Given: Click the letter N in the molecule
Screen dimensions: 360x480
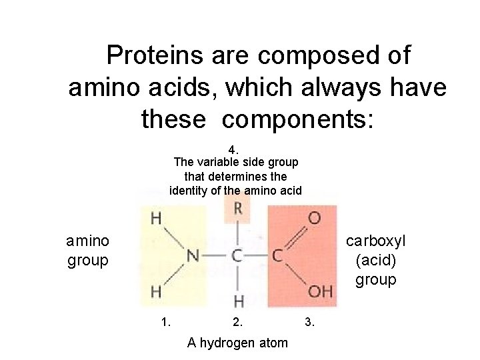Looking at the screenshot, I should pyautogui.click(x=192, y=255).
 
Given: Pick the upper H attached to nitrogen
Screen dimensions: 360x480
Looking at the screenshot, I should pyautogui.click(x=155, y=217).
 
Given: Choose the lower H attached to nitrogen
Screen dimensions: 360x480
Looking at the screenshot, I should pyautogui.click(x=155, y=292).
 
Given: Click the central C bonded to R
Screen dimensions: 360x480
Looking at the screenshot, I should pyautogui.click(x=238, y=255).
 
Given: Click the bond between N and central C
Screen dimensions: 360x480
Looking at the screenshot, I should pyautogui.click(x=215, y=255).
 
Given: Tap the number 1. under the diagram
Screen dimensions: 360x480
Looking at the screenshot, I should pyautogui.click(x=166, y=323).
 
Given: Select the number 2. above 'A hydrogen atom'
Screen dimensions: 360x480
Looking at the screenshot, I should pyautogui.click(x=238, y=323).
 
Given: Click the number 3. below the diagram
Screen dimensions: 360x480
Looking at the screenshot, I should pyautogui.click(x=309, y=323).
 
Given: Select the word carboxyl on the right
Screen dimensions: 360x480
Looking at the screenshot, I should pyautogui.click(x=375, y=240).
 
